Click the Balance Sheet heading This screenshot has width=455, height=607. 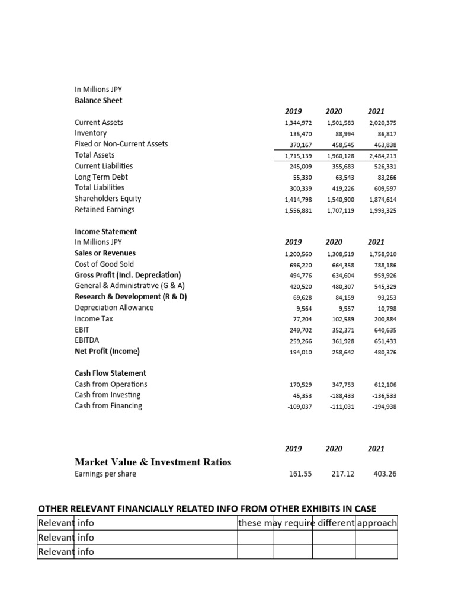(x=98, y=100)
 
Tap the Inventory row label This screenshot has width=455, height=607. (x=91, y=133)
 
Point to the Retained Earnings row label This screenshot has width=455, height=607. (x=104, y=209)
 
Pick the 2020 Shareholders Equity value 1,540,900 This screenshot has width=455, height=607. (x=340, y=199)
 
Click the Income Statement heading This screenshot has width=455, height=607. (x=105, y=231)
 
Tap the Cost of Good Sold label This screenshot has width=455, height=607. (x=104, y=264)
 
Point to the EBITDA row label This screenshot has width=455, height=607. (x=87, y=340)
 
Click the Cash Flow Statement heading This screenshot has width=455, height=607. (x=110, y=373)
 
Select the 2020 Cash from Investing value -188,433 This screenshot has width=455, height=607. (x=341, y=395)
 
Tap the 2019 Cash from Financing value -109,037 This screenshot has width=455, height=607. (x=299, y=407)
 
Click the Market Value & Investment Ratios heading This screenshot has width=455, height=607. (x=153, y=461)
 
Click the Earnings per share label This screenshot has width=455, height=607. (x=105, y=474)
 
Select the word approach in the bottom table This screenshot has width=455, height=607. (x=377, y=523)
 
